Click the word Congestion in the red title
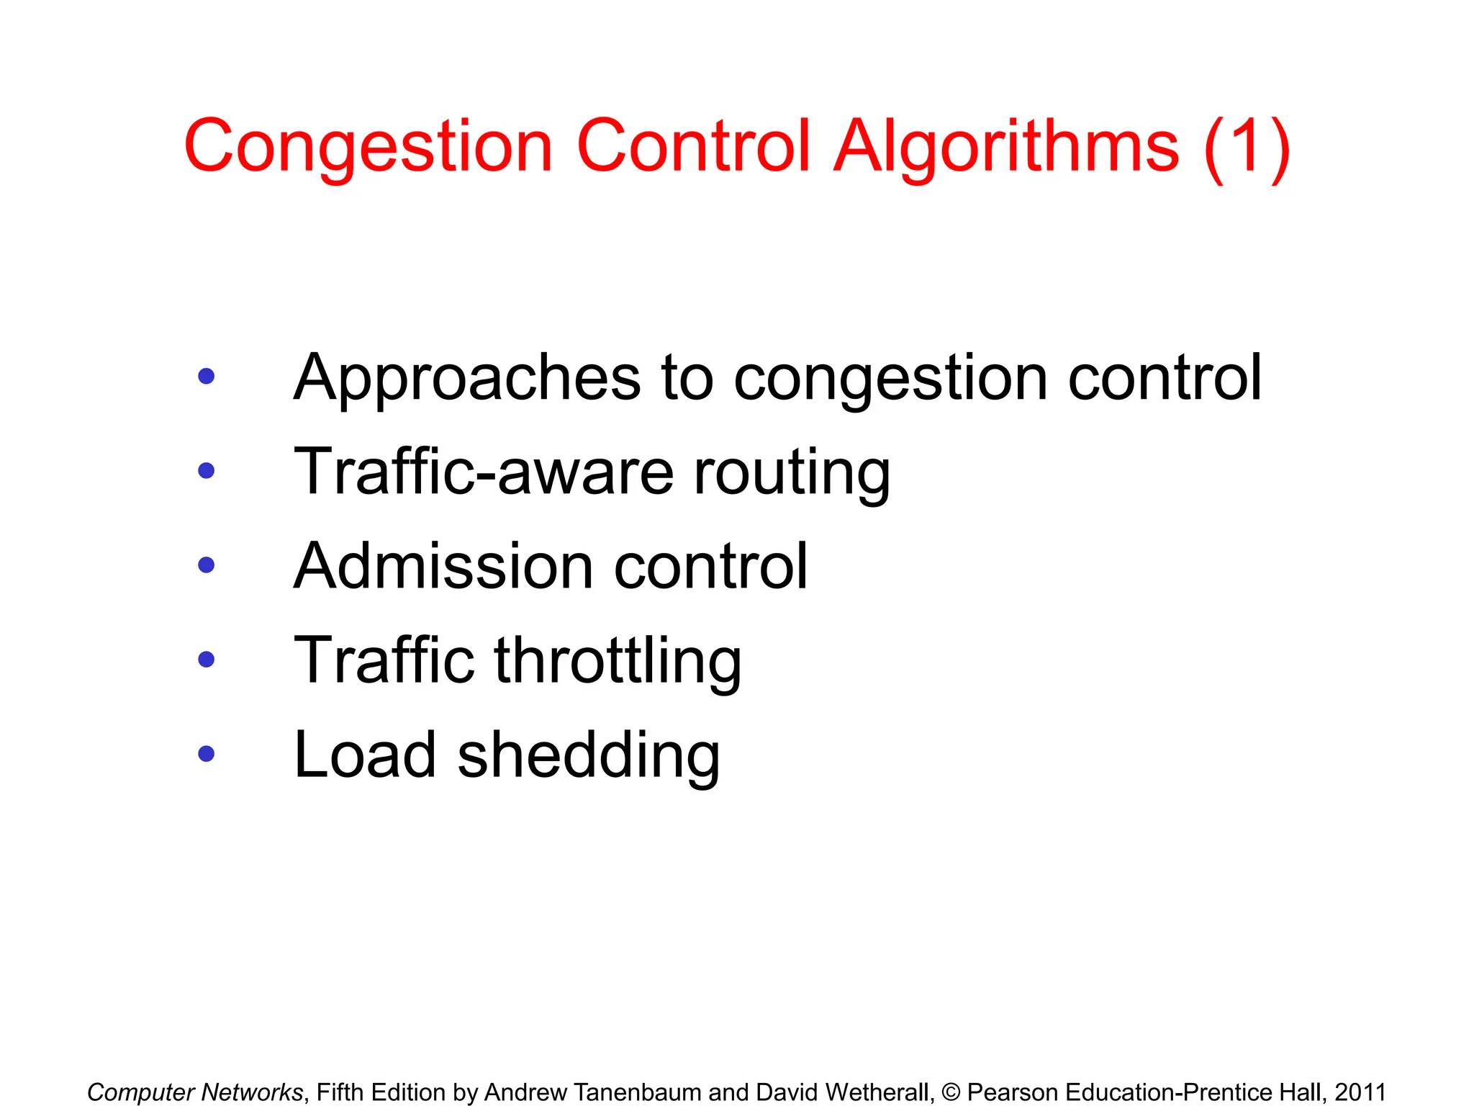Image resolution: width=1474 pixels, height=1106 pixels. (368, 148)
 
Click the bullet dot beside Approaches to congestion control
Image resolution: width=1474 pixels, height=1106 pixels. (207, 376)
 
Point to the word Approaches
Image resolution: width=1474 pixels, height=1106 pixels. (467, 378)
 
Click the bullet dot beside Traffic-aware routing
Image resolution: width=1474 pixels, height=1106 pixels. (207, 471)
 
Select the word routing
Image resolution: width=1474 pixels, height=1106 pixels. (792, 473)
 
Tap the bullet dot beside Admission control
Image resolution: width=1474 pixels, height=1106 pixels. (207, 565)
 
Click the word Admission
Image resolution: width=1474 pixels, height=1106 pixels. (443, 567)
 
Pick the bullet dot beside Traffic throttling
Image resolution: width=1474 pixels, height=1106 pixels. (207, 660)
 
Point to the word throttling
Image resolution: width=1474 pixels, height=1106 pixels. (618, 661)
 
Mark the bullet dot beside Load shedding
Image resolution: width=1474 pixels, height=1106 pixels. (207, 754)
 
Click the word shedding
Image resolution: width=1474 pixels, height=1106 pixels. (589, 755)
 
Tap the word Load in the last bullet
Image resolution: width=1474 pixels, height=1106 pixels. (366, 755)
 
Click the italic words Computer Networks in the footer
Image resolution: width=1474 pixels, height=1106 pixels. (195, 1092)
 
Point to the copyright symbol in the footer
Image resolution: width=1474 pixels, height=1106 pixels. (951, 1092)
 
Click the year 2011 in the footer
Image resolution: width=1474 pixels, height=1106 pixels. (1360, 1092)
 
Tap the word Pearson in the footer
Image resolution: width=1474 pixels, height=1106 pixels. (1012, 1092)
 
